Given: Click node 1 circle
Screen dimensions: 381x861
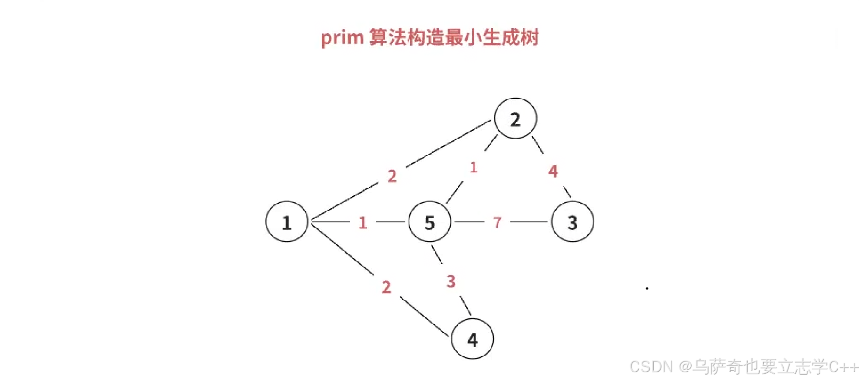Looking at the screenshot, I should point(287,222).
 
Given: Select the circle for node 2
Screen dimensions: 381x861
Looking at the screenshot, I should point(515,119).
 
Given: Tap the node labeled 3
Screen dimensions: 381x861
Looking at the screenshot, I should point(572,222).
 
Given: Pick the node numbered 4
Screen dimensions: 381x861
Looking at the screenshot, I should point(472,339).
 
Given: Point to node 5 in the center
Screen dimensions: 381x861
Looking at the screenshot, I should point(430,222).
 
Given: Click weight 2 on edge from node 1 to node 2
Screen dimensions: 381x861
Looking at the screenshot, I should point(392,176).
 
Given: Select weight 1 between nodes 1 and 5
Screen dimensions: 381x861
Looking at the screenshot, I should point(362,222).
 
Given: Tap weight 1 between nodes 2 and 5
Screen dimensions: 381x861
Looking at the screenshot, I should point(473,167).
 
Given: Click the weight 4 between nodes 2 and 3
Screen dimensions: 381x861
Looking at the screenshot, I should point(553,171).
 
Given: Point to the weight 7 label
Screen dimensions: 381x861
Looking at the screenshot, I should point(497,222).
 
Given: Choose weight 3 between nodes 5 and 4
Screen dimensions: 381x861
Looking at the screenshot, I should point(451,281).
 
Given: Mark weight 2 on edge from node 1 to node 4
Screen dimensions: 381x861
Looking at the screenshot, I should point(386,287).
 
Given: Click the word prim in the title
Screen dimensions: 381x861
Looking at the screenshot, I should point(342,38).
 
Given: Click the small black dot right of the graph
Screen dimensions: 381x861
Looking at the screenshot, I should point(647,289).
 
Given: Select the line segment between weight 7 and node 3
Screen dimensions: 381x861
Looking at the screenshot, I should point(529,221).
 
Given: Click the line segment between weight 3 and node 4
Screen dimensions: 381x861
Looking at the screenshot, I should point(466,306).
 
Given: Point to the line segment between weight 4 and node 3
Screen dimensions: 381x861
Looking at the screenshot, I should point(567,192).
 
